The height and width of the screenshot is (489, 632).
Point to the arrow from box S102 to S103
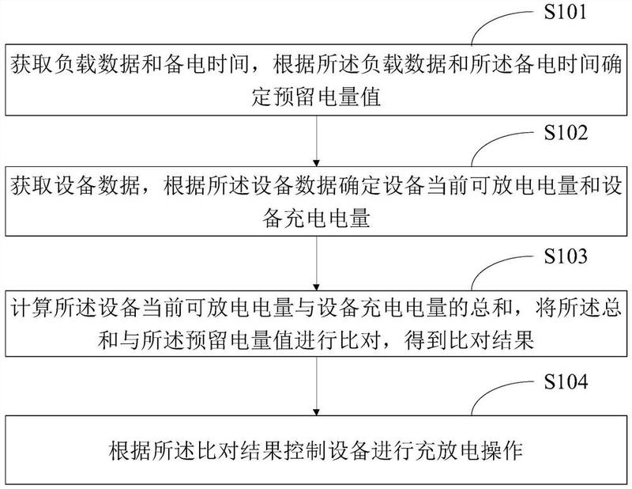pyautogui.click(x=316, y=264)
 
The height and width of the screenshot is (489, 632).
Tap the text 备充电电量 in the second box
pyautogui.click(x=316, y=220)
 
